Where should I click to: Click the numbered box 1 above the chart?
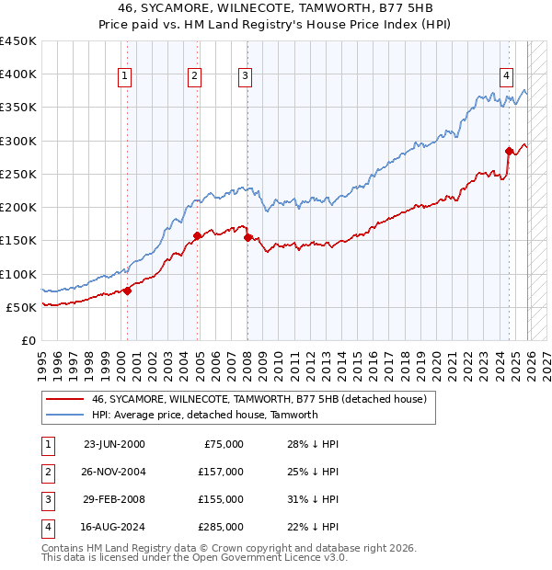point(124,76)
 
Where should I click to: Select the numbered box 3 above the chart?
point(246,76)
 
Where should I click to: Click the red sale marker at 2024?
point(509,151)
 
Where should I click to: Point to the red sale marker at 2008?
point(248,237)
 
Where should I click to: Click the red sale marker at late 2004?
point(197,235)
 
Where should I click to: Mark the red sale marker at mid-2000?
point(128,291)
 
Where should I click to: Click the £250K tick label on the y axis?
point(18,174)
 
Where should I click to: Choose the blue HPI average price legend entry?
point(204,415)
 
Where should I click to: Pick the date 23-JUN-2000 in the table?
point(114,443)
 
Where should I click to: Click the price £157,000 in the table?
point(221,471)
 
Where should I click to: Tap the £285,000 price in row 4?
point(221,527)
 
